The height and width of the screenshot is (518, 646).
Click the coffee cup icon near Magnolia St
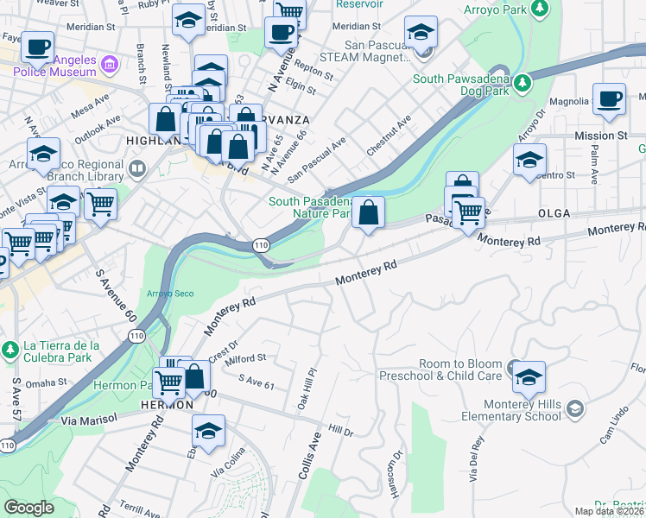609,98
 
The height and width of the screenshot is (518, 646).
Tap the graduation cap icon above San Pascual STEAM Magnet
421,33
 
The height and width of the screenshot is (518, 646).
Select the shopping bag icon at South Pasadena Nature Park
369,212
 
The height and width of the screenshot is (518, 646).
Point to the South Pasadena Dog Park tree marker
522,82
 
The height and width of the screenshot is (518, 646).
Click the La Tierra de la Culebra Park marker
10,351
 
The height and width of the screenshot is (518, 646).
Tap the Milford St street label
245,358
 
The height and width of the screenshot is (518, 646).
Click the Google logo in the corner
28,507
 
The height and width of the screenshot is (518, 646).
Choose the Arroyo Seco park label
170,294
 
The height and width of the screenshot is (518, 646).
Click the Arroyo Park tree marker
540,9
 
